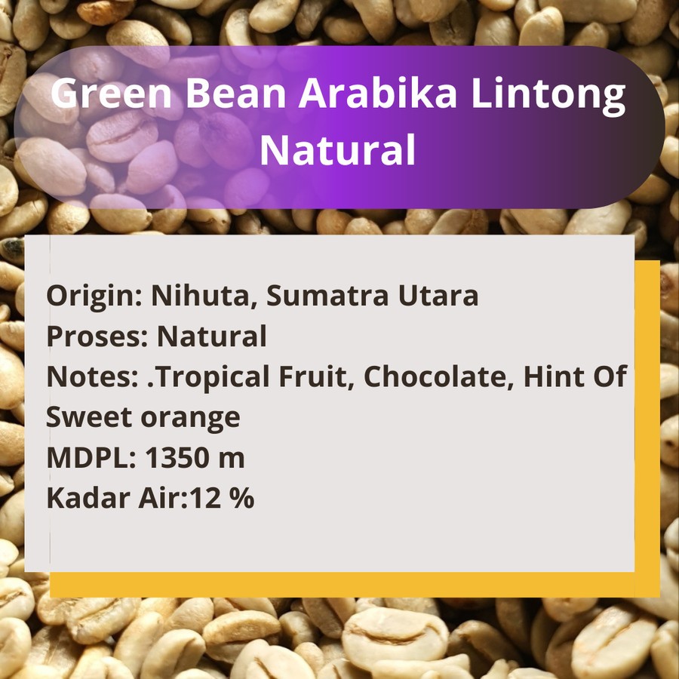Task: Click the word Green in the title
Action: coord(112,93)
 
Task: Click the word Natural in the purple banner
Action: coord(338,149)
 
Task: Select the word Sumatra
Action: coord(327,295)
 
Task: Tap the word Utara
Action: coord(438,295)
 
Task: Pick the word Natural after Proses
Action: coord(212,336)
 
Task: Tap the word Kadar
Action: coord(88,498)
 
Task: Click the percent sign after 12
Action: coord(241,498)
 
